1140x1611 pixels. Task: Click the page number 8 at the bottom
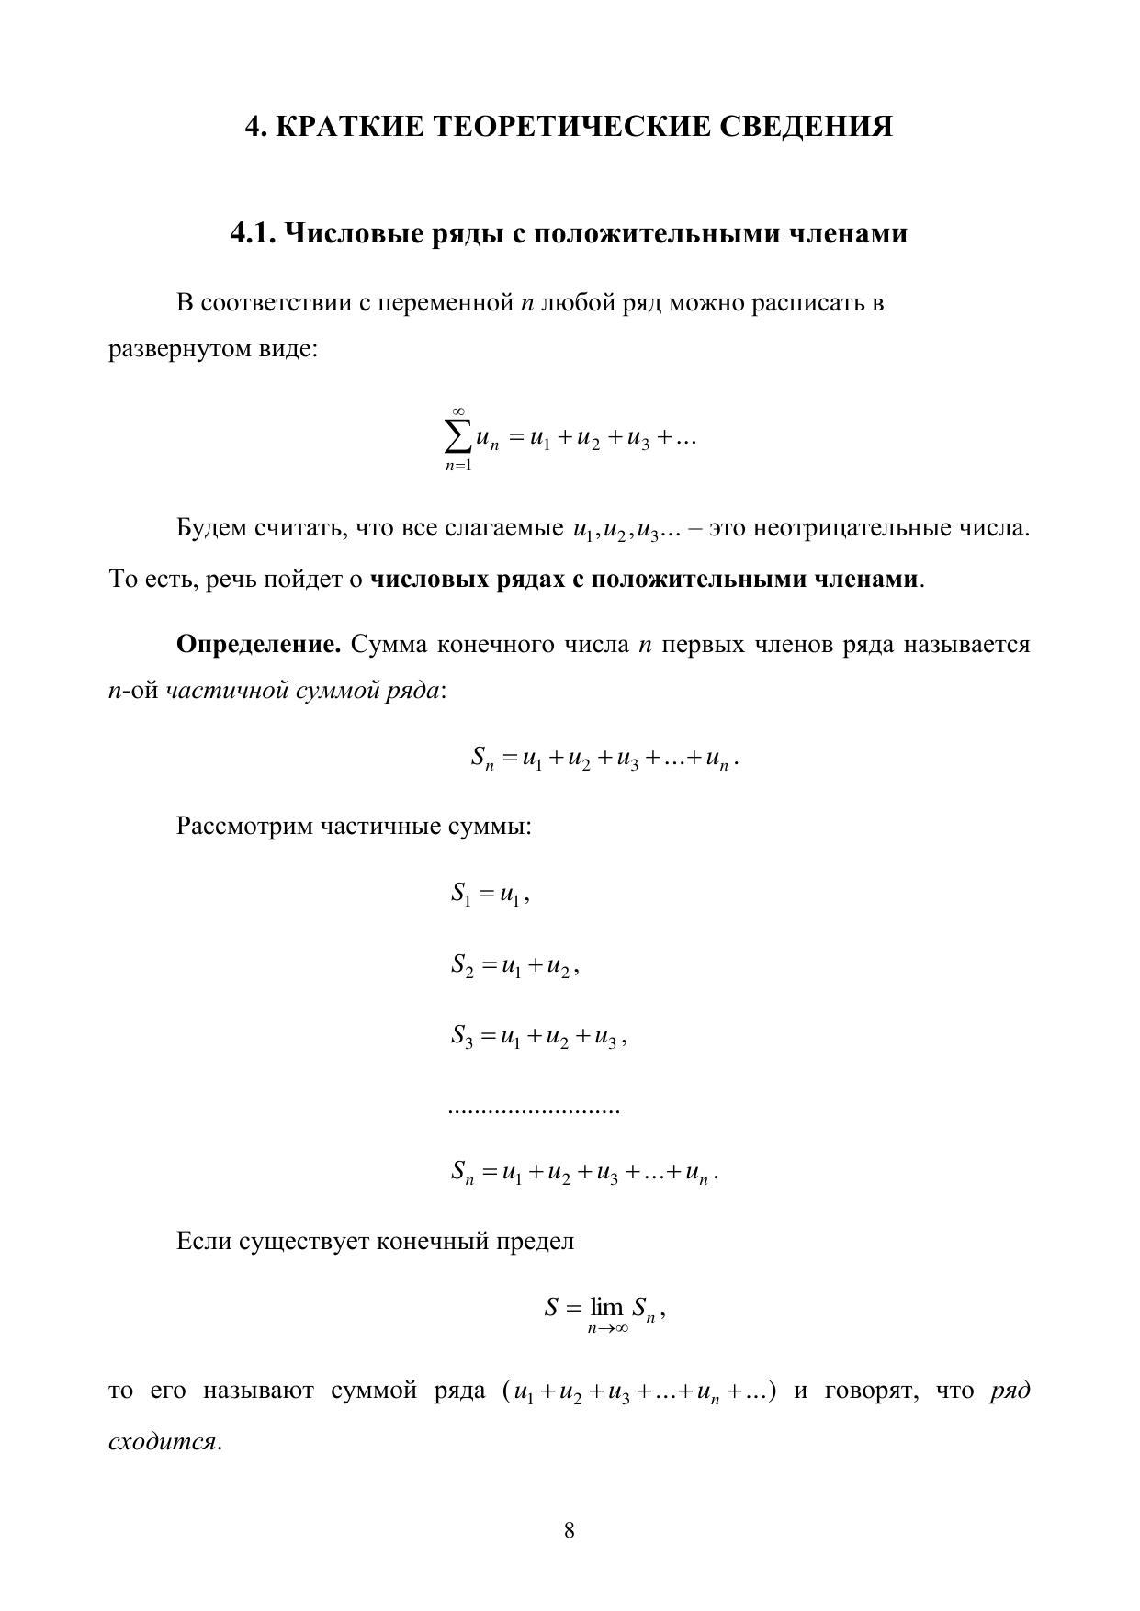point(570,1530)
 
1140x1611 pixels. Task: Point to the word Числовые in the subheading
point(352,234)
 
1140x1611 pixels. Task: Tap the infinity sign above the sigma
point(458,411)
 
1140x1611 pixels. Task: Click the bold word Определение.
point(258,645)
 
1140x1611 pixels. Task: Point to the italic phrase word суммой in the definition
point(336,691)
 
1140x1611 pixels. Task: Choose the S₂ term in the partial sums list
point(462,965)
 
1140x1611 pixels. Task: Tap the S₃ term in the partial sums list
point(462,1037)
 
